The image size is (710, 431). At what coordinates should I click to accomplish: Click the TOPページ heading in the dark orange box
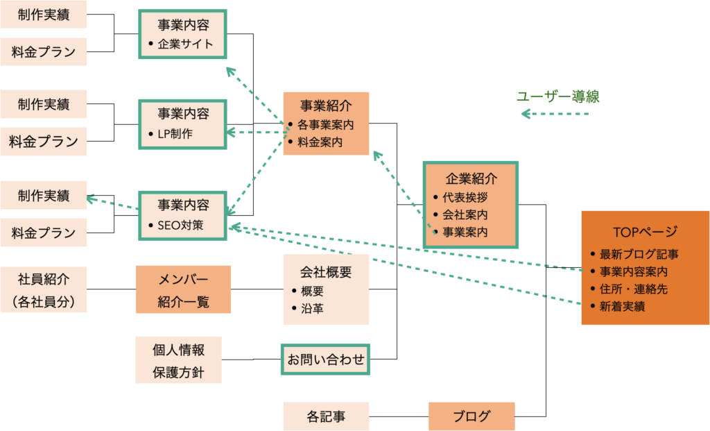pyautogui.click(x=645, y=232)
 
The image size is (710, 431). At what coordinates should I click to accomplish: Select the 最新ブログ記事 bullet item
pyautogui.click(x=639, y=254)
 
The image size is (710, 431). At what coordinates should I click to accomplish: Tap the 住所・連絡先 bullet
pyautogui.click(x=634, y=289)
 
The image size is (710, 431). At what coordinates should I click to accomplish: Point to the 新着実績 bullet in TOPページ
pyautogui.click(x=622, y=306)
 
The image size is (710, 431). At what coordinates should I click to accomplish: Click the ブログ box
pyautogui.click(x=471, y=416)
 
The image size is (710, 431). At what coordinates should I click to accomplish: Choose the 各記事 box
pyautogui.click(x=326, y=416)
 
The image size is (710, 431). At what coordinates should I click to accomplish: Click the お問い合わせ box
pyautogui.click(x=326, y=360)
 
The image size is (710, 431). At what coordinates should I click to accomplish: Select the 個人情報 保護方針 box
pyautogui.click(x=178, y=360)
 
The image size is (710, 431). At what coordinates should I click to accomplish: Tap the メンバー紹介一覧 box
pyautogui.click(x=183, y=289)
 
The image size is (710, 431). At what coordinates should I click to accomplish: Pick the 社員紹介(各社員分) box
pyautogui.click(x=44, y=289)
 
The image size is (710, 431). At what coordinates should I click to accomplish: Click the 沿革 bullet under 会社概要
pyautogui.click(x=312, y=309)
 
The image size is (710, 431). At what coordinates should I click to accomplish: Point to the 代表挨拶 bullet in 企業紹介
pyautogui.click(x=465, y=198)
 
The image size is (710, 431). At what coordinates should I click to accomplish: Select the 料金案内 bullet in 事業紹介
pyautogui.click(x=320, y=142)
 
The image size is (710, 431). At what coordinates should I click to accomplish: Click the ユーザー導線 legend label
pyautogui.click(x=558, y=96)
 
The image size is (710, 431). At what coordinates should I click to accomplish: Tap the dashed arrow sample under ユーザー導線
pyautogui.click(x=555, y=114)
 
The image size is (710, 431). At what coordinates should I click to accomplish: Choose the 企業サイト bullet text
pyautogui.click(x=185, y=44)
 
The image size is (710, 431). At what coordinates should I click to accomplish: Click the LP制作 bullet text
pyautogui.click(x=175, y=134)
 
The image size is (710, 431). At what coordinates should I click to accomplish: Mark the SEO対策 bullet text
pyautogui.click(x=180, y=226)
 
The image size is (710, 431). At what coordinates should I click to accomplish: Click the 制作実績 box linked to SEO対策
pyautogui.click(x=44, y=195)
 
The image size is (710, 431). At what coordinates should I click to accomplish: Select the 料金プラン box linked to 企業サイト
pyautogui.click(x=44, y=51)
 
